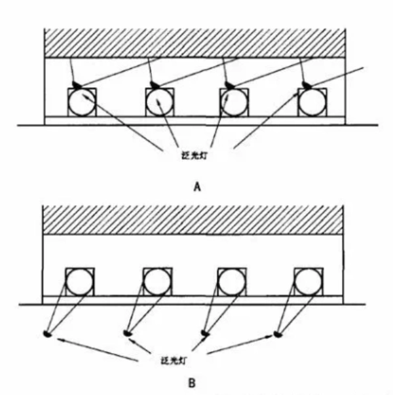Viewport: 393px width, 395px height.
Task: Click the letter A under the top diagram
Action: (197, 187)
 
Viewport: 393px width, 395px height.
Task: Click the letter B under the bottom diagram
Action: (192, 383)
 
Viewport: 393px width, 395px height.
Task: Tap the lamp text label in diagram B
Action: (174, 361)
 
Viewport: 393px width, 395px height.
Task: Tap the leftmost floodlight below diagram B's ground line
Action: (47, 334)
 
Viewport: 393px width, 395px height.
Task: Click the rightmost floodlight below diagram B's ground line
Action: (278, 335)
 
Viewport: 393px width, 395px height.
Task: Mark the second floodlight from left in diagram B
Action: (127, 333)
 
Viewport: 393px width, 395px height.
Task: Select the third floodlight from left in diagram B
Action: (205, 333)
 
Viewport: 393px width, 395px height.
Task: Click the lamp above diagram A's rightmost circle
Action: (307, 85)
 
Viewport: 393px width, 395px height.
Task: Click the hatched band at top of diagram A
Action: (195, 43)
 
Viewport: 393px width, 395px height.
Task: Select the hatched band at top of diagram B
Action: (193, 220)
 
